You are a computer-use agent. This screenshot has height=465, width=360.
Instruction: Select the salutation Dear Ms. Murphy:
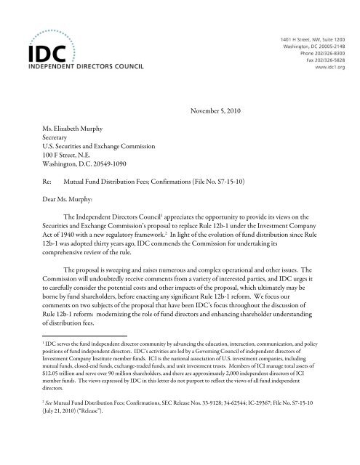click(65, 195)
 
